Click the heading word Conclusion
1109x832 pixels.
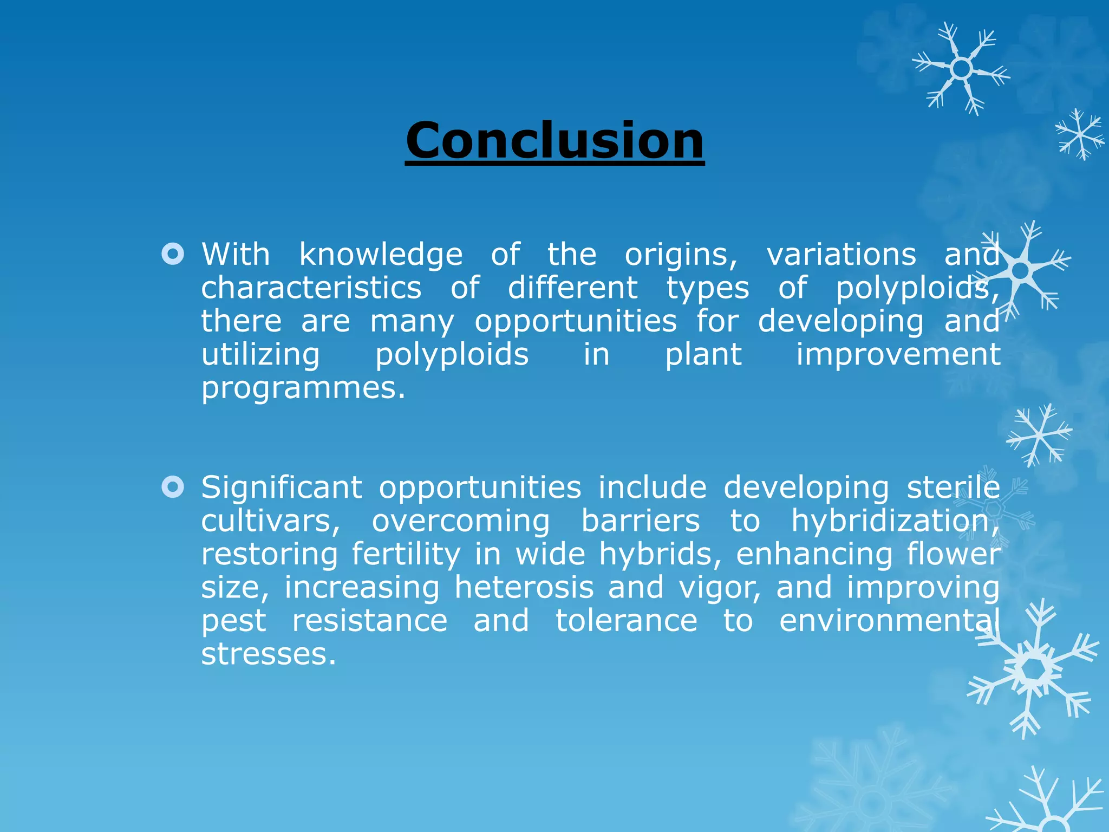[x=554, y=140]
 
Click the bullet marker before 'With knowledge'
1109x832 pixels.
[x=173, y=253]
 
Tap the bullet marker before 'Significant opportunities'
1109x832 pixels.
[x=173, y=487]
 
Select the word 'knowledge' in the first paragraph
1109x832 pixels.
[x=381, y=255]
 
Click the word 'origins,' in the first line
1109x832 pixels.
[x=681, y=255]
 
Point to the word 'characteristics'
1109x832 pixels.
[x=311, y=288]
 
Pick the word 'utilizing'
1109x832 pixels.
[x=260, y=355]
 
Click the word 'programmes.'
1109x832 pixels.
[x=303, y=388]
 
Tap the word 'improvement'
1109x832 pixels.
[x=898, y=355]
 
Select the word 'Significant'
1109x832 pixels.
[x=282, y=487]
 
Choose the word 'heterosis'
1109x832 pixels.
[x=524, y=588]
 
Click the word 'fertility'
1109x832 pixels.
[x=406, y=555]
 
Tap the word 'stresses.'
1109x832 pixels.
[x=269, y=654]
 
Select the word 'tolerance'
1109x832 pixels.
[x=627, y=621]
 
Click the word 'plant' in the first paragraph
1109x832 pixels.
[x=703, y=355]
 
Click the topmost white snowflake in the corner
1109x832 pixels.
[x=961, y=69]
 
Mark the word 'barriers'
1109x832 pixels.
[x=641, y=521]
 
